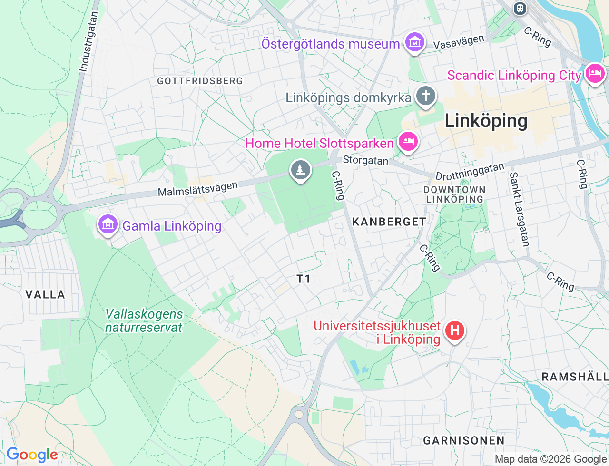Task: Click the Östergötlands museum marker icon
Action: pyautogui.click(x=414, y=43)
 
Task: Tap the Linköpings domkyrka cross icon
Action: pyautogui.click(x=425, y=96)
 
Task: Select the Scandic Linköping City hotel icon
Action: pyautogui.click(x=594, y=74)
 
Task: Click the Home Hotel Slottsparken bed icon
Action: pyautogui.click(x=408, y=142)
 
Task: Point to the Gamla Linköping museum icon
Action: pyautogui.click(x=108, y=224)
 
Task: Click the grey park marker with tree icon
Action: pyautogui.click(x=300, y=170)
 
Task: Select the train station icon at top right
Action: pyautogui.click(x=520, y=8)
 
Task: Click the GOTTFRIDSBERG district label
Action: pyautogui.click(x=200, y=81)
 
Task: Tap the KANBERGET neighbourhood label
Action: pyautogui.click(x=389, y=222)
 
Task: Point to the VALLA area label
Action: pyautogui.click(x=45, y=295)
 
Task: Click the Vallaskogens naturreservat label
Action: pyautogui.click(x=144, y=321)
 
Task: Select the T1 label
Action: pyautogui.click(x=304, y=279)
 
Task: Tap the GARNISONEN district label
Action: pyautogui.click(x=463, y=441)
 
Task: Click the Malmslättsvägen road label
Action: pyautogui.click(x=197, y=189)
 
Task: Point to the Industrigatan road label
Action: pyautogui.click(x=88, y=42)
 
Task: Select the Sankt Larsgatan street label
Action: pyautogui.click(x=519, y=209)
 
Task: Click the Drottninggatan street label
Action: pyautogui.click(x=470, y=172)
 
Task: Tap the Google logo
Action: pyautogui.click(x=32, y=455)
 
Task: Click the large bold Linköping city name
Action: pyautogui.click(x=486, y=121)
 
